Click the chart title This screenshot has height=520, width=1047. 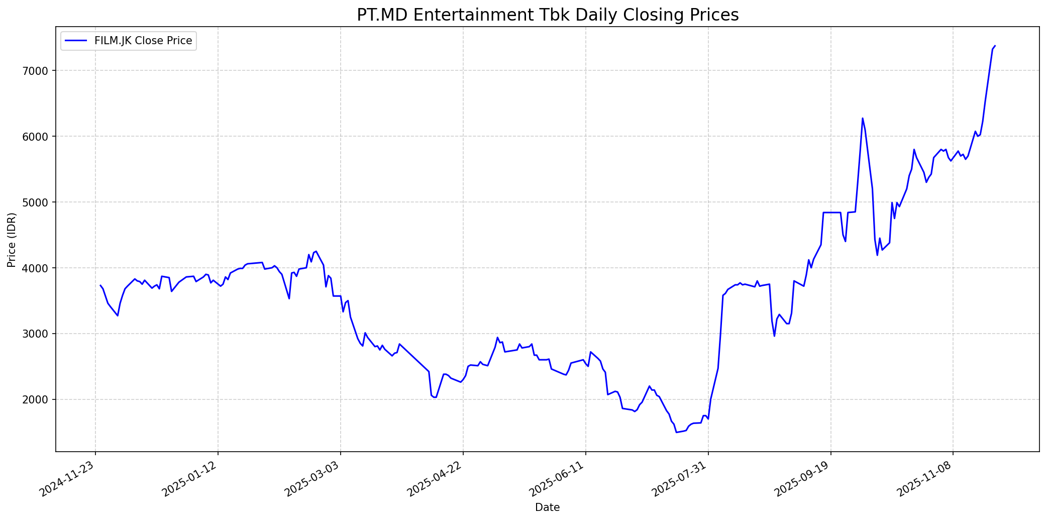coord(548,15)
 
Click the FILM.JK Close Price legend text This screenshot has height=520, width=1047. coord(143,41)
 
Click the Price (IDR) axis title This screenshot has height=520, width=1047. coord(12,240)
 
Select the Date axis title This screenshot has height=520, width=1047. coord(547,507)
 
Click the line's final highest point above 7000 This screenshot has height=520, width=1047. coord(995,46)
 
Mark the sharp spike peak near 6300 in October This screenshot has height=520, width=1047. coord(863,119)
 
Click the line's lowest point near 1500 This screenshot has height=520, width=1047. coord(676,432)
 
